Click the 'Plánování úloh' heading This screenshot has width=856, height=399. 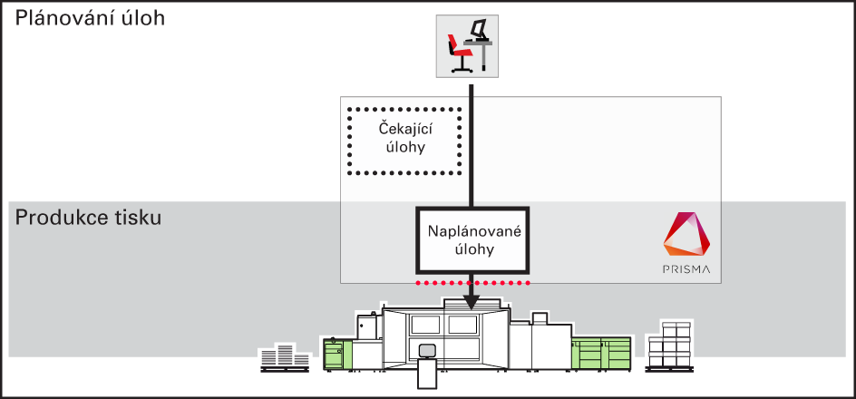coord(90,18)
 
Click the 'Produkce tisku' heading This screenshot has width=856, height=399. coord(88,218)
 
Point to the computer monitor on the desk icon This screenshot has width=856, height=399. coord(479,28)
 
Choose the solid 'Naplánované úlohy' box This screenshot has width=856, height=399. coord(472,239)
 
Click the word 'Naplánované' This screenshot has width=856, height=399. coord(472,231)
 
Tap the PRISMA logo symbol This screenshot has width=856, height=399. coord(686,234)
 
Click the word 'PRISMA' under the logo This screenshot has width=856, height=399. coord(686,269)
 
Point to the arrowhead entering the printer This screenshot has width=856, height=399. coord(472,302)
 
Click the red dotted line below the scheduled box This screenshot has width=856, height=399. coord(472,283)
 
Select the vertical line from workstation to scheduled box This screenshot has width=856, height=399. coord(472,146)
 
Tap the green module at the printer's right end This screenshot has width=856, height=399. coord(601,352)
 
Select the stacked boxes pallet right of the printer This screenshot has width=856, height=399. coord(669,346)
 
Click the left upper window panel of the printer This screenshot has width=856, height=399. coord(425,326)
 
